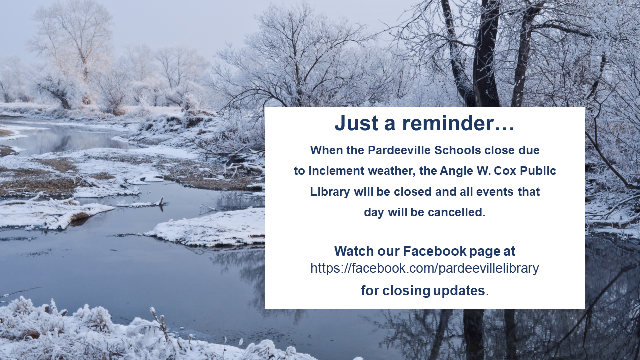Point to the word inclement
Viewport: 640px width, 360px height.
pyautogui.click(x=336, y=171)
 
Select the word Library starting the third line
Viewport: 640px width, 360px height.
pyautogui.click(x=330, y=192)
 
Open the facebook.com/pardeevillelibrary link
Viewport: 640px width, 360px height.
pyautogui.click(x=425, y=268)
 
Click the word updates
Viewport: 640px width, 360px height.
pyautogui.click(x=459, y=291)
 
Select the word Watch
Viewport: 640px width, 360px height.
pyautogui.click(x=354, y=251)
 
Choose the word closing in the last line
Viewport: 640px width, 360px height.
pyautogui.click(x=406, y=291)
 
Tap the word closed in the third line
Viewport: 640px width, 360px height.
pyautogui.click(x=413, y=191)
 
